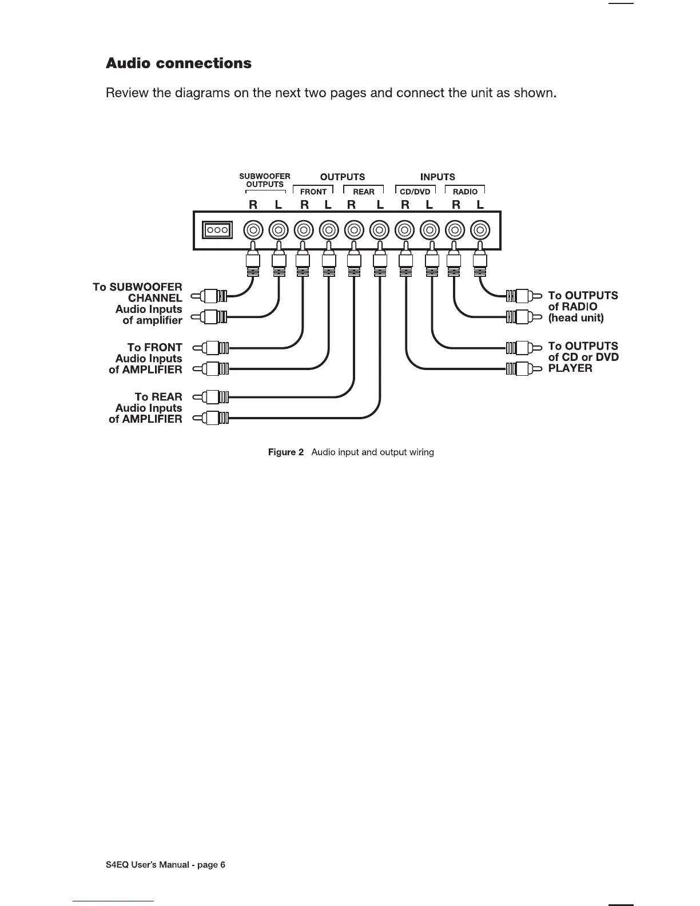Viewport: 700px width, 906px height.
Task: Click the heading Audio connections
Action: [178, 63]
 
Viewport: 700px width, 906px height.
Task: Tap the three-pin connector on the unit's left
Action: [217, 230]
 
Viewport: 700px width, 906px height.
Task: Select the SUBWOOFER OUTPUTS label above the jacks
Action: [265, 180]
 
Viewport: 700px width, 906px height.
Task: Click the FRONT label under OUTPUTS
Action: [313, 192]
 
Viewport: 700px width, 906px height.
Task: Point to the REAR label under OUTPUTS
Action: [364, 192]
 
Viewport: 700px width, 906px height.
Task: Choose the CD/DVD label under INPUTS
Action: [415, 192]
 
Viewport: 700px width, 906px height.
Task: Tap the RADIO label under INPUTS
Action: [465, 192]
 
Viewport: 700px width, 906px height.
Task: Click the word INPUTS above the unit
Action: [437, 177]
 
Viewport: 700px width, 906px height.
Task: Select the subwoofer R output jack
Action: [253, 231]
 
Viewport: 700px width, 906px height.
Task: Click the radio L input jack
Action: [480, 231]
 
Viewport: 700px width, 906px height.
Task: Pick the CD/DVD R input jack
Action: [405, 231]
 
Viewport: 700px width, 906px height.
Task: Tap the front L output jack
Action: [328, 231]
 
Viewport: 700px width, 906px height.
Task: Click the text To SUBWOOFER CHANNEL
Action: [138, 292]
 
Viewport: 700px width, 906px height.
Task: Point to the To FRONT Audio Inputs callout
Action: [146, 359]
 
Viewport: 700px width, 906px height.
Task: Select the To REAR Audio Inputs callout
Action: [146, 408]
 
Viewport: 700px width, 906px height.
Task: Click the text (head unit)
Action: [576, 318]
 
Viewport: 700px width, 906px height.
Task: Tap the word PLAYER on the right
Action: [570, 368]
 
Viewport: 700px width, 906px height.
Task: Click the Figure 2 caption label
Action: [286, 452]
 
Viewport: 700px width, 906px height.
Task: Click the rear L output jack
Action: [379, 231]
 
